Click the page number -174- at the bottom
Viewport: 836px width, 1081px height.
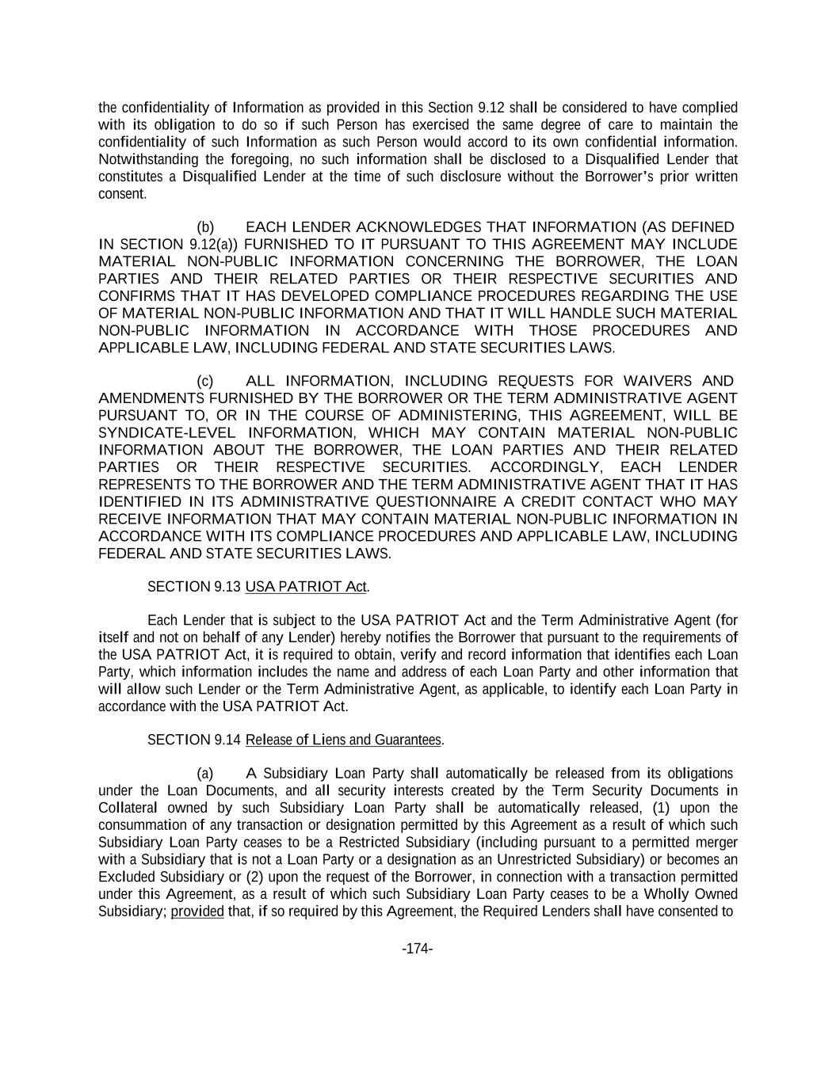tap(417, 949)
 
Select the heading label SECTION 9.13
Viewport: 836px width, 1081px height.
tap(194, 587)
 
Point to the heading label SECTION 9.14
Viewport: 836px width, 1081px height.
tap(194, 740)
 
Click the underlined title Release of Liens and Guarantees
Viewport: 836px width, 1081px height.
tap(343, 740)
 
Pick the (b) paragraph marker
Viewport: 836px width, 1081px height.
tap(205, 228)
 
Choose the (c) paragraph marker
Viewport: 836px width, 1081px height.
tap(205, 382)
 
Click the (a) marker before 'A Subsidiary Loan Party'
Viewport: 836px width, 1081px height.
tap(205, 774)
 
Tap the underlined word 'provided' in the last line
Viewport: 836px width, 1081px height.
tap(197, 912)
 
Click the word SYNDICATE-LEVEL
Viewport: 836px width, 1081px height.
tap(167, 433)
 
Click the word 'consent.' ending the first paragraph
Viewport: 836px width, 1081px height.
tap(122, 194)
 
